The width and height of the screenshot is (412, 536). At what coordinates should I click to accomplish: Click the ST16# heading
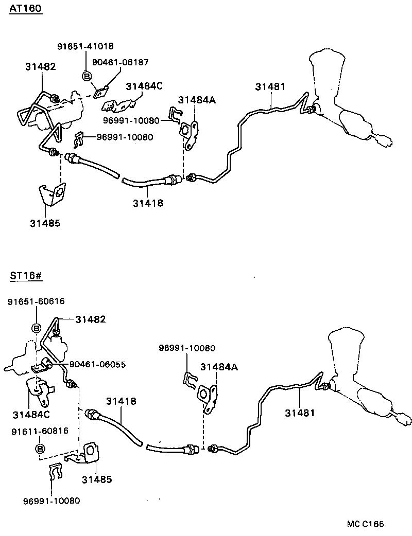click(x=25, y=276)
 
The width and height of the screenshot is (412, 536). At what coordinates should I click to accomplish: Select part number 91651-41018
click(x=85, y=46)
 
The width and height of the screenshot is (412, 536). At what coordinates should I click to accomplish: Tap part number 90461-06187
click(x=120, y=62)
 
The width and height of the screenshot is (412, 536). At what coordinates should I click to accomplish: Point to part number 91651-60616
click(x=36, y=301)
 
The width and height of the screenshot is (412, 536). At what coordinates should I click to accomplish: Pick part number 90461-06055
click(x=98, y=364)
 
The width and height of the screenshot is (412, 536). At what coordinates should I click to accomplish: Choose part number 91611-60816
click(x=40, y=431)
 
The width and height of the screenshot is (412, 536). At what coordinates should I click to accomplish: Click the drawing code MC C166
click(x=365, y=524)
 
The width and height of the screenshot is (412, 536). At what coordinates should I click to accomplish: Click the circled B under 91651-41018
click(x=87, y=77)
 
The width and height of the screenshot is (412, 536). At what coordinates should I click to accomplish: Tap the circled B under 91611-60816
click(x=40, y=449)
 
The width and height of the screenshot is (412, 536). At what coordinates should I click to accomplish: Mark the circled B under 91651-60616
click(x=37, y=328)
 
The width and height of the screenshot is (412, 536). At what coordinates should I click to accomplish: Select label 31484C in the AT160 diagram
click(x=144, y=86)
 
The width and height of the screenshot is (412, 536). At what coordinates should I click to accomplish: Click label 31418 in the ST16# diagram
click(x=122, y=401)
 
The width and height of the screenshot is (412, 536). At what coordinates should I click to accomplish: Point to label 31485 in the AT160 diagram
click(x=45, y=223)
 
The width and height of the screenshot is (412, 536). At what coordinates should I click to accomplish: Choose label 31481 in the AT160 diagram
click(x=270, y=87)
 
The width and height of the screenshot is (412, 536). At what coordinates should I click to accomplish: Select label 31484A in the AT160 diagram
click(x=197, y=100)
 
